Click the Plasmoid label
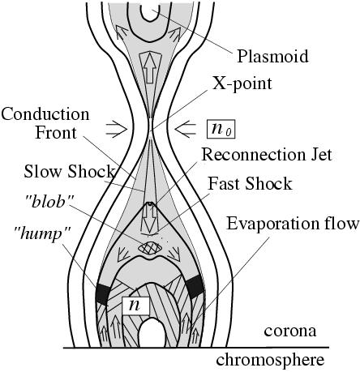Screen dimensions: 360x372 pyautogui.click(x=272, y=56)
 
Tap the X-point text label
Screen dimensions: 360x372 pyautogui.click(x=242, y=83)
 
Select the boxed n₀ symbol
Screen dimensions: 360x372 pyautogui.click(x=221, y=129)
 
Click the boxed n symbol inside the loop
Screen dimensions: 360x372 pyautogui.click(x=135, y=306)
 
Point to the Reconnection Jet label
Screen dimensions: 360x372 pyautogui.click(x=267, y=155)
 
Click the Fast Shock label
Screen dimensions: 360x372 pyautogui.click(x=251, y=184)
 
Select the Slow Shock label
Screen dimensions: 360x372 pyautogui.click(x=69, y=171)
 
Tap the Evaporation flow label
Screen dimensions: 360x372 pyautogui.click(x=293, y=224)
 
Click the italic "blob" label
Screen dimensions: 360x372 pyautogui.click(x=49, y=202)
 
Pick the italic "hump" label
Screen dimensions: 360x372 pyautogui.click(x=42, y=233)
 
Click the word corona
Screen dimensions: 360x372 pyautogui.click(x=290, y=331)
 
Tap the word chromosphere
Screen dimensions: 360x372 pyautogui.click(x=270, y=359)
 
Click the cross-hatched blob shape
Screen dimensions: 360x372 pyautogui.click(x=150, y=247)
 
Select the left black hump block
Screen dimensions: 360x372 pyautogui.click(x=103, y=294)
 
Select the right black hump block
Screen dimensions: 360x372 pyautogui.click(x=195, y=286)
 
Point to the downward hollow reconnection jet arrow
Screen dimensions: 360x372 pyautogui.click(x=150, y=219)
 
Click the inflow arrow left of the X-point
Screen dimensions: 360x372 pyautogui.click(x=117, y=130)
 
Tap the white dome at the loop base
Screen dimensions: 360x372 pyautogui.click(x=152, y=332)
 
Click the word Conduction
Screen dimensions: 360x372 pyautogui.click(x=45, y=114)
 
